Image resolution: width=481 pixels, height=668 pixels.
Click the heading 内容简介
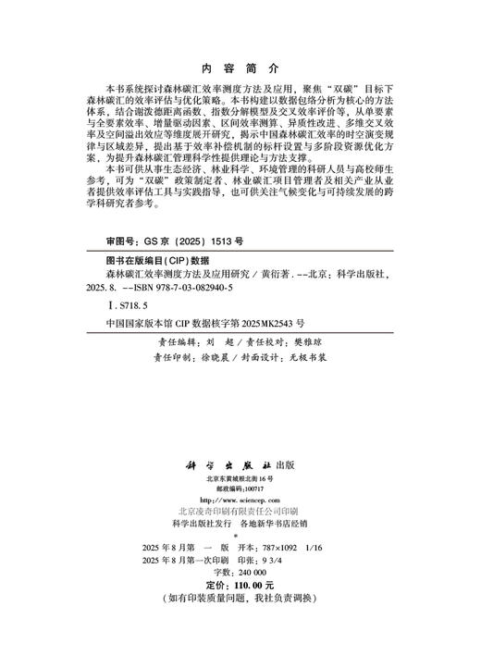pyautogui.click(x=240, y=68)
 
